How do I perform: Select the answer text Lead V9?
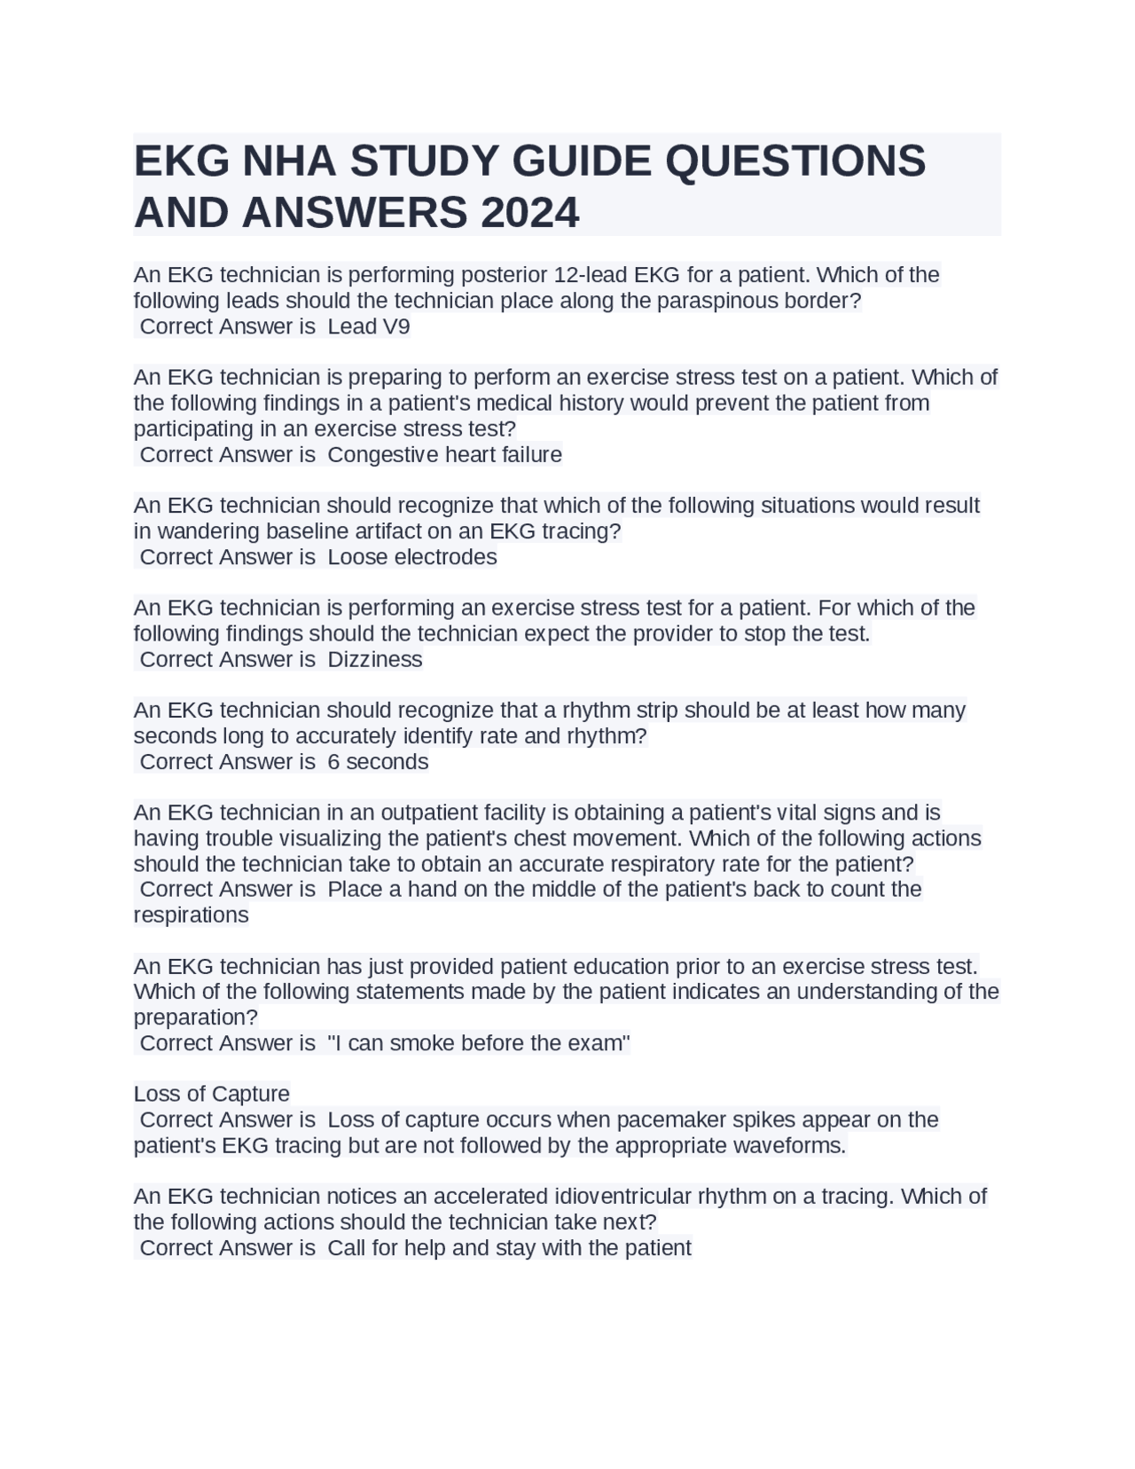[x=369, y=326]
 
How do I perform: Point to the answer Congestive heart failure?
[x=444, y=455]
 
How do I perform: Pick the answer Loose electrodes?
[x=412, y=557]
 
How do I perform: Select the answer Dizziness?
[x=375, y=659]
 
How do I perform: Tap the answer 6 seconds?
[x=378, y=762]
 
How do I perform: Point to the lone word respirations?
[x=191, y=915]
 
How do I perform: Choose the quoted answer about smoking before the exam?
[x=479, y=1043]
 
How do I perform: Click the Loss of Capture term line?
[x=211, y=1094]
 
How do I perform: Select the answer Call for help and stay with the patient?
[x=509, y=1248]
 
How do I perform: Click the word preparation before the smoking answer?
[x=195, y=1017]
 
